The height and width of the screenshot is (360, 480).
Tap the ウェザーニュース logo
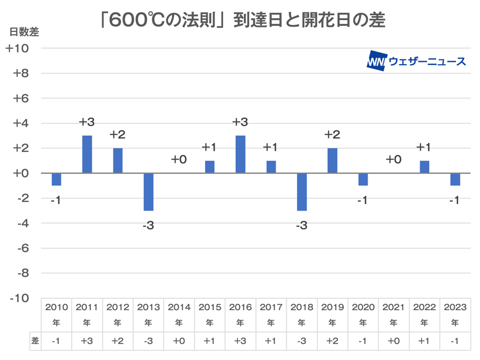pyautogui.click(x=416, y=62)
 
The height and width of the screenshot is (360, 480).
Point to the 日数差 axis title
pyautogui.click(x=24, y=32)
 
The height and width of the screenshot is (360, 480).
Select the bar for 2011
pyautogui.click(x=87, y=154)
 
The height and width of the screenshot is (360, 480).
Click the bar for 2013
pyautogui.click(x=148, y=192)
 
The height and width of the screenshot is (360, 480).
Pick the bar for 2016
pyautogui.click(x=241, y=154)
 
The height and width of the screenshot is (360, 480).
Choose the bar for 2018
pyautogui.click(x=302, y=192)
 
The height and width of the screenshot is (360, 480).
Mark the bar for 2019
pyautogui.click(x=333, y=161)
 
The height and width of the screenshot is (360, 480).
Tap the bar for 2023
pyautogui.click(x=455, y=179)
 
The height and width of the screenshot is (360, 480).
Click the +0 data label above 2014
pyautogui.click(x=178, y=160)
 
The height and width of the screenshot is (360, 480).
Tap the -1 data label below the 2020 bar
pyautogui.click(x=363, y=200)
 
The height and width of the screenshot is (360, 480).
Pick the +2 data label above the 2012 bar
pyautogui.click(x=117, y=135)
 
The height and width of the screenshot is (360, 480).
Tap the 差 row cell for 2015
pyautogui.click(x=209, y=341)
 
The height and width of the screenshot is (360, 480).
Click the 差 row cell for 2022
pyautogui.click(x=424, y=341)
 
